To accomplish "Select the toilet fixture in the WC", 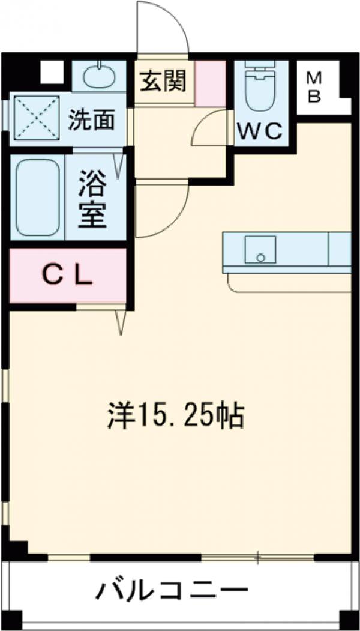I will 261,89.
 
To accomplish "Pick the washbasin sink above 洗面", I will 99,76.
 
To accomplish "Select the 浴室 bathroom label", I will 94,198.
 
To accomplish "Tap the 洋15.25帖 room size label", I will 175,415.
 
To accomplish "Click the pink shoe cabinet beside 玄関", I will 211,82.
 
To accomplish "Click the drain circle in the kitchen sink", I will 260,258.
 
